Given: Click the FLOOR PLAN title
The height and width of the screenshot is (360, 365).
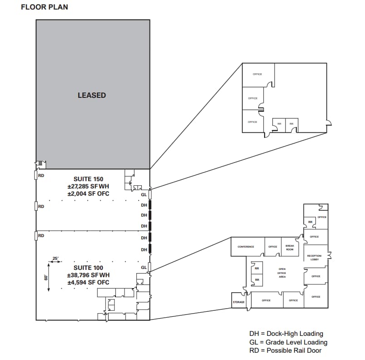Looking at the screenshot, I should pos(45,8).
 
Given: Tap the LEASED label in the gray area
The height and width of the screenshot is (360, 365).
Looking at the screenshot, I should pos(92,95).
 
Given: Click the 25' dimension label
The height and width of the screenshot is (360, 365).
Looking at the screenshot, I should pos(55,259).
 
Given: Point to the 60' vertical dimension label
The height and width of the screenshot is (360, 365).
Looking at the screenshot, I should pos(46,277).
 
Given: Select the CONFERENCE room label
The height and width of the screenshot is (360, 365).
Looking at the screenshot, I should pos(245,247).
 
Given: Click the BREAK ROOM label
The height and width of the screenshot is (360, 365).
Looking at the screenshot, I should pos(290,248).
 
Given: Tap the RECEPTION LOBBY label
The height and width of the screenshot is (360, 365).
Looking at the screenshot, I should pos(315,258).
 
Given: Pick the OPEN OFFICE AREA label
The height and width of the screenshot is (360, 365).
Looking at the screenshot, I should pos(282,273).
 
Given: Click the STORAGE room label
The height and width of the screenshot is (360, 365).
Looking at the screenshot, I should pos(239,302).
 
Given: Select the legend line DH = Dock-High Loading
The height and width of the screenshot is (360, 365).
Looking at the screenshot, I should pos(286,334).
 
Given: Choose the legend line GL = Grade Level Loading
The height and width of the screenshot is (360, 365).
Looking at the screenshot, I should pos(288,342).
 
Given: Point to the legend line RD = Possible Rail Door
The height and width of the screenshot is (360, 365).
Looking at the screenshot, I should pos(285,350).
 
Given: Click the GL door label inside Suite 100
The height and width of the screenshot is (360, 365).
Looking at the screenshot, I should pos(144,267).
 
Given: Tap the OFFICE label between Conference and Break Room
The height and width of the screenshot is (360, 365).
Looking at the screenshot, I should pos(272,247).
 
